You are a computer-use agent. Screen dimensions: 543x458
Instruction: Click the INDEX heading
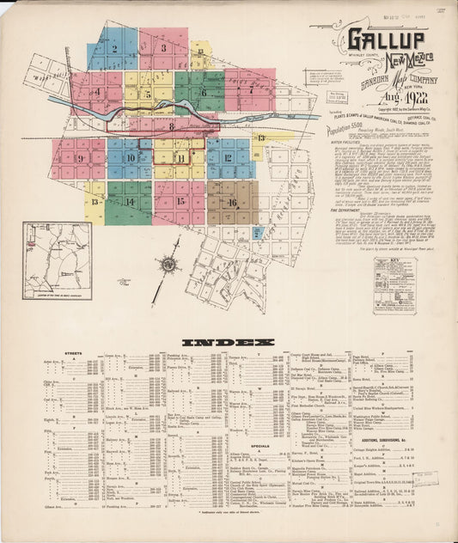click(228, 342)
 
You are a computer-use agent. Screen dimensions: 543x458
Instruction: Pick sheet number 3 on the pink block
click(163, 49)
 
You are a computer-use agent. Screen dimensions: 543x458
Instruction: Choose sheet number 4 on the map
click(97, 91)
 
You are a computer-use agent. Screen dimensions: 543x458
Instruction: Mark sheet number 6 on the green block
click(204, 92)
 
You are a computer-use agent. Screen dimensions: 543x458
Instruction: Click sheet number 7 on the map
click(250, 88)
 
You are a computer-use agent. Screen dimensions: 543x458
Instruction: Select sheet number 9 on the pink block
click(79, 158)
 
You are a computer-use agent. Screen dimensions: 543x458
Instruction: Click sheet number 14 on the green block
click(130, 202)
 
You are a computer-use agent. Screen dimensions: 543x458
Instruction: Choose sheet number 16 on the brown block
click(232, 203)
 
